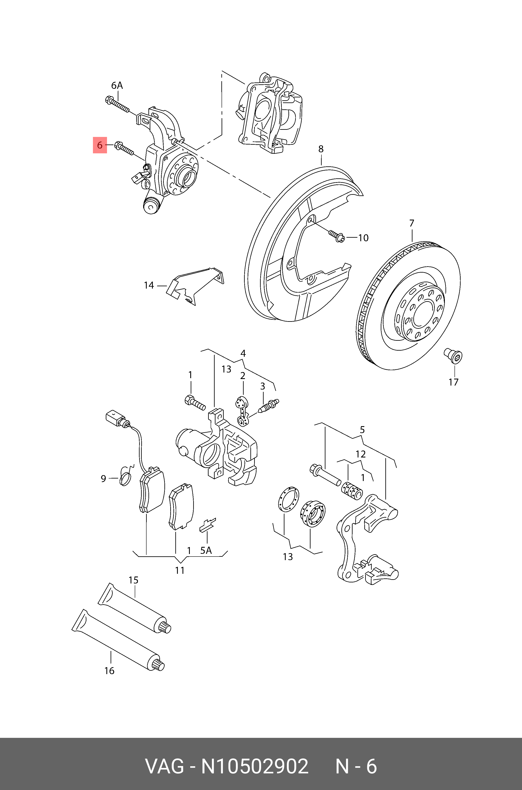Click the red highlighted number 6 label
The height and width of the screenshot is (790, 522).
pos(99,145)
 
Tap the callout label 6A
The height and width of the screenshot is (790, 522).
pos(117,86)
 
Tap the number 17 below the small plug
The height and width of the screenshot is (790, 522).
pos(453,382)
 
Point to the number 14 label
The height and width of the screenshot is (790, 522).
pos(149,285)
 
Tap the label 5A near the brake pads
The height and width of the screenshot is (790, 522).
pos(206,550)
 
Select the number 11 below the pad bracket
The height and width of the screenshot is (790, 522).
pos(180,570)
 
